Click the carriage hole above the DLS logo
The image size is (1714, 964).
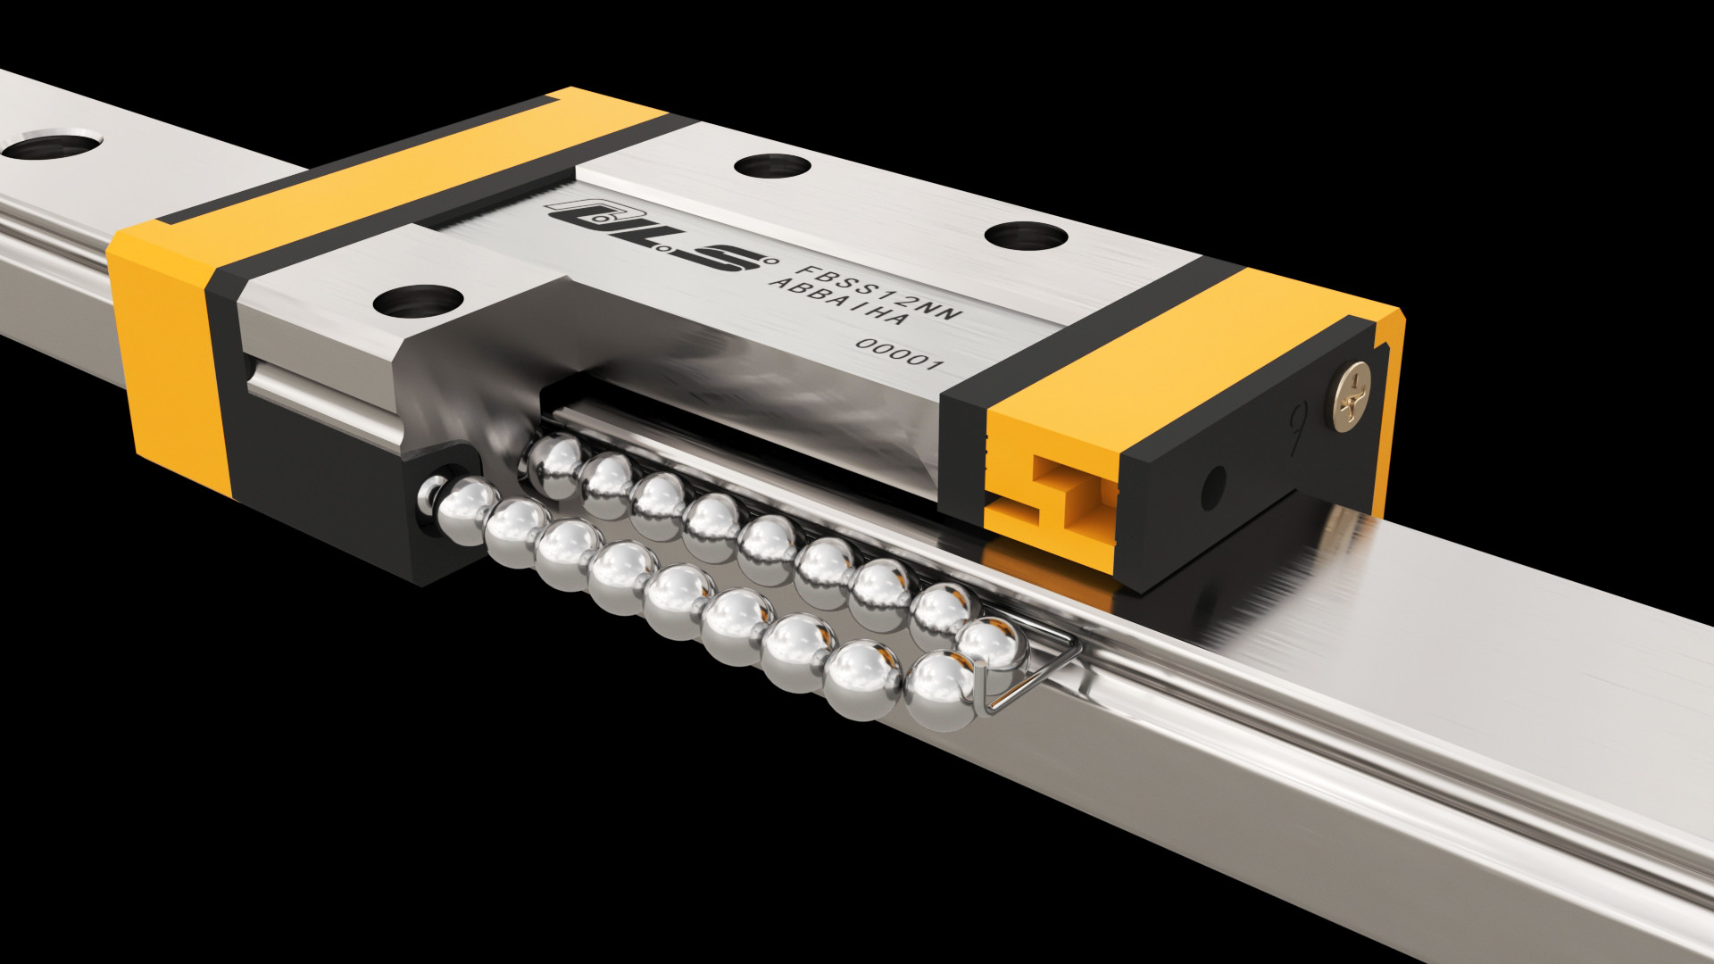[771, 168]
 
